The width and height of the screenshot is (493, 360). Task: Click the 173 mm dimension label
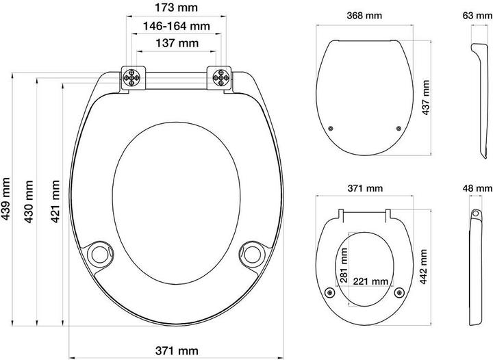point(177,8)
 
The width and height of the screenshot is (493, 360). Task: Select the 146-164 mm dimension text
point(177,26)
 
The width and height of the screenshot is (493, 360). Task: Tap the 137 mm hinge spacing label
point(177,43)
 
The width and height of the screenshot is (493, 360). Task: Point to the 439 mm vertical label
point(5,199)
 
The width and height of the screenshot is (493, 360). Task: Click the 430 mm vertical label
point(29,201)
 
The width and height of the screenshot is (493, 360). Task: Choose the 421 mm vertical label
point(55,201)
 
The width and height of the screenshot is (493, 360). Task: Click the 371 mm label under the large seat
point(177,350)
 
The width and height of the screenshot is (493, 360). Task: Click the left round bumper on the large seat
point(100,253)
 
